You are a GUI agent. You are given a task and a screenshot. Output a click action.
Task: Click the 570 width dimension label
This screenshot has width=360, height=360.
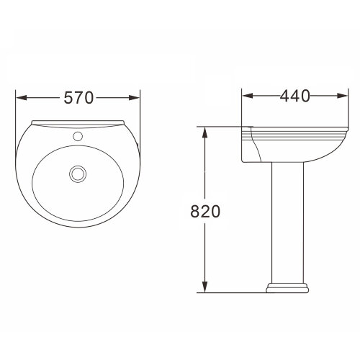click(78, 98)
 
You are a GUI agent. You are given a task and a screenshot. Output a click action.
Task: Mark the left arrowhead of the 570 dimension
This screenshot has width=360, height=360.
click(20, 98)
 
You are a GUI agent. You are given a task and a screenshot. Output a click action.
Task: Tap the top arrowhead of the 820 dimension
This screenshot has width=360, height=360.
click(207, 132)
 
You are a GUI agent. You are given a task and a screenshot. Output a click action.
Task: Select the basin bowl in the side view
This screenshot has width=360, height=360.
click(288, 148)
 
